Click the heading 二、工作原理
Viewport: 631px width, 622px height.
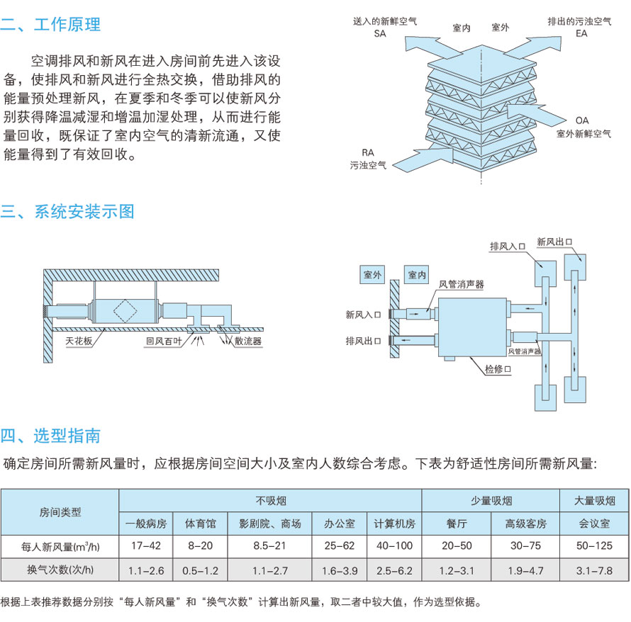[51, 25]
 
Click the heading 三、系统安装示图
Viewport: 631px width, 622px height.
[68, 211]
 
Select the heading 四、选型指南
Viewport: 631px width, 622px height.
[51, 434]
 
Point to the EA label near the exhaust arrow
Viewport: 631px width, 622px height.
[581, 33]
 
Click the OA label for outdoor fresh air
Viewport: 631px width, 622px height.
[582, 120]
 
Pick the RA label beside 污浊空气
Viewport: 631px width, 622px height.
[368, 152]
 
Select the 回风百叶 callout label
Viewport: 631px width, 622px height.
[163, 341]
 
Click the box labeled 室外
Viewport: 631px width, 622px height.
[373, 274]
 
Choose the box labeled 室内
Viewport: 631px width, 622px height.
[417, 274]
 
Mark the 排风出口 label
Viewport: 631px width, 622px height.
[363, 341]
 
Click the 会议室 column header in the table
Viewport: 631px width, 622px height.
[594, 524]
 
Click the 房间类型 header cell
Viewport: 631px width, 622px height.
[60, 511]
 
